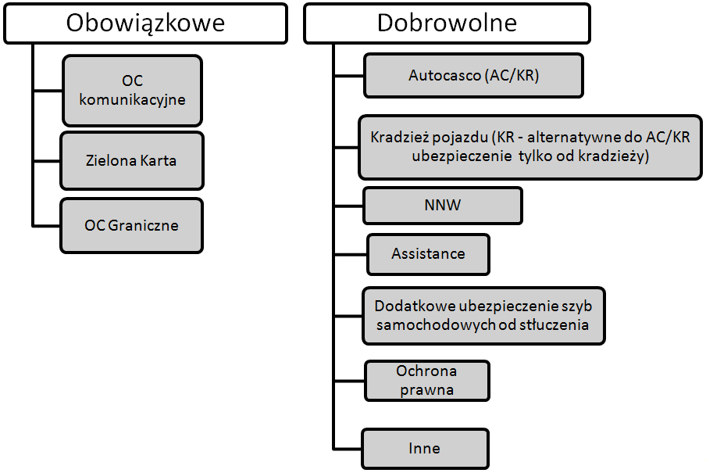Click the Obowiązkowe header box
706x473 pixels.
145,23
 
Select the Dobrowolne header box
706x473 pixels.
447,23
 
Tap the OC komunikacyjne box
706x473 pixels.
133,90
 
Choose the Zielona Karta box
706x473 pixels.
132,160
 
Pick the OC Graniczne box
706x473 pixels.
132,225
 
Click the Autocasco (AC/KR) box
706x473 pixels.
474,75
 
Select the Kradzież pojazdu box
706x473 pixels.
530,147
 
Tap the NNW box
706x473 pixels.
443,206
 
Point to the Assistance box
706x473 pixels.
428,254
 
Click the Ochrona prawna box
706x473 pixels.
427,381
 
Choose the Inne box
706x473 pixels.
425,449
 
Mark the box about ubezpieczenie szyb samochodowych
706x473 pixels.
483,316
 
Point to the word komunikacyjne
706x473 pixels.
133,99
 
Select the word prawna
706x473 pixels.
427,390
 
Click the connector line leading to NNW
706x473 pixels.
349,206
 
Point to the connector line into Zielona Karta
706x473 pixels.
47,160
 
